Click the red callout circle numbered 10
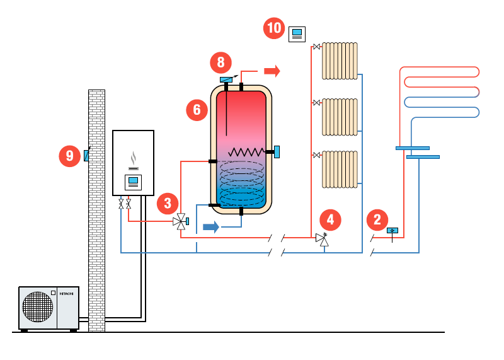click(274, 28)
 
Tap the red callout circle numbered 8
click(221, 62)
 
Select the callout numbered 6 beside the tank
click(197, 110)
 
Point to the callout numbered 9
click(69, 156)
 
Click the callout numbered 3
click(168, 204)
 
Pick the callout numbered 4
click(330, 220)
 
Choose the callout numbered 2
click(377, 220)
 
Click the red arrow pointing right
click(272, 71)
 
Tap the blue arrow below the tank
click(211, 227)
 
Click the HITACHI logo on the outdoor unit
click(67, 294)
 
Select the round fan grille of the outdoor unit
click(38, 307)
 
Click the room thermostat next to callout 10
click(297, 34)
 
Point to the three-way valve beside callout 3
click(181, 221)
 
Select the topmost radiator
click(340, 61)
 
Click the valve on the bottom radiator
click(317, 155)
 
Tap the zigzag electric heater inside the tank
click(246, 152)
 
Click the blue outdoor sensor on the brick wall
click(86, 155)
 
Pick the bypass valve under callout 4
click(323, 239)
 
